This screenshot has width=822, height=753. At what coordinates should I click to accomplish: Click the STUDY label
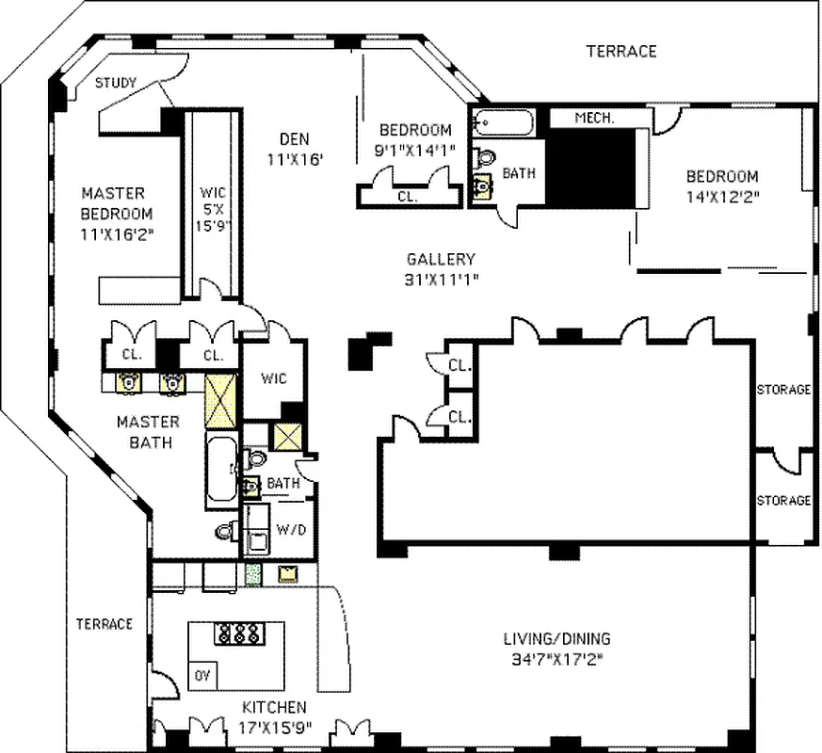coord(116,83)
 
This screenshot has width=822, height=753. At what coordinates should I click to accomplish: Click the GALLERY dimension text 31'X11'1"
coord(441,279)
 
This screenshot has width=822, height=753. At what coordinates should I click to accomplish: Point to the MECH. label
coord(594,119)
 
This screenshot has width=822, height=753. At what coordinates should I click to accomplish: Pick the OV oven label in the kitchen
coord(202,674)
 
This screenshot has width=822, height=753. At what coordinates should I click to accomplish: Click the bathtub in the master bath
coord(221,471)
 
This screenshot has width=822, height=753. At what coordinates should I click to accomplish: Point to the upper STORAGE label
coord(783,390)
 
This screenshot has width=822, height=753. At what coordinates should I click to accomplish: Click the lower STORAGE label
coord(783,501)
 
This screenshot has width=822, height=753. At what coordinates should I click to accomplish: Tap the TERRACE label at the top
coord(621,51)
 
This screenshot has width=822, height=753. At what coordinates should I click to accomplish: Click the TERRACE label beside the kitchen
coord(105,624)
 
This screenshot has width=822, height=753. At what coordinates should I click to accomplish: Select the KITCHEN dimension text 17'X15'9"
coord(274,727)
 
